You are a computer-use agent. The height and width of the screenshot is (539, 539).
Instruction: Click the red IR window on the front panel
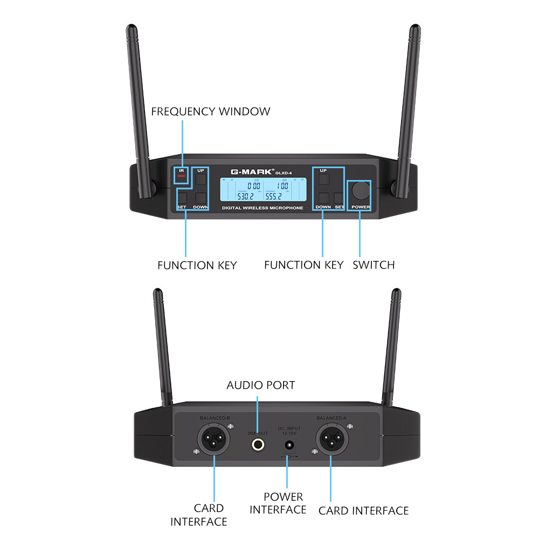point(181,176)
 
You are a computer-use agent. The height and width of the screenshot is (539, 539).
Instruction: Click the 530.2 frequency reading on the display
point(245,196)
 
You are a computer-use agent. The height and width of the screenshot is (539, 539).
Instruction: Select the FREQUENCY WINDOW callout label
point(210,112)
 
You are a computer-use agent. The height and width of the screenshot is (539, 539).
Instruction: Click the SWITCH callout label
point(374,265)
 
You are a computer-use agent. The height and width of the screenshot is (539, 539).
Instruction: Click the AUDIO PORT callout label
point(260,385)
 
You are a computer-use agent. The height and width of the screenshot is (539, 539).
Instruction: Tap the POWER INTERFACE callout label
point(278,503)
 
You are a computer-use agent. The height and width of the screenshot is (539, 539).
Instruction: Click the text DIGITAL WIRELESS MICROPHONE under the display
point(262,208)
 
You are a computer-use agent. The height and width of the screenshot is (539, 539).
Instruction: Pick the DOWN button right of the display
point(323,197)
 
